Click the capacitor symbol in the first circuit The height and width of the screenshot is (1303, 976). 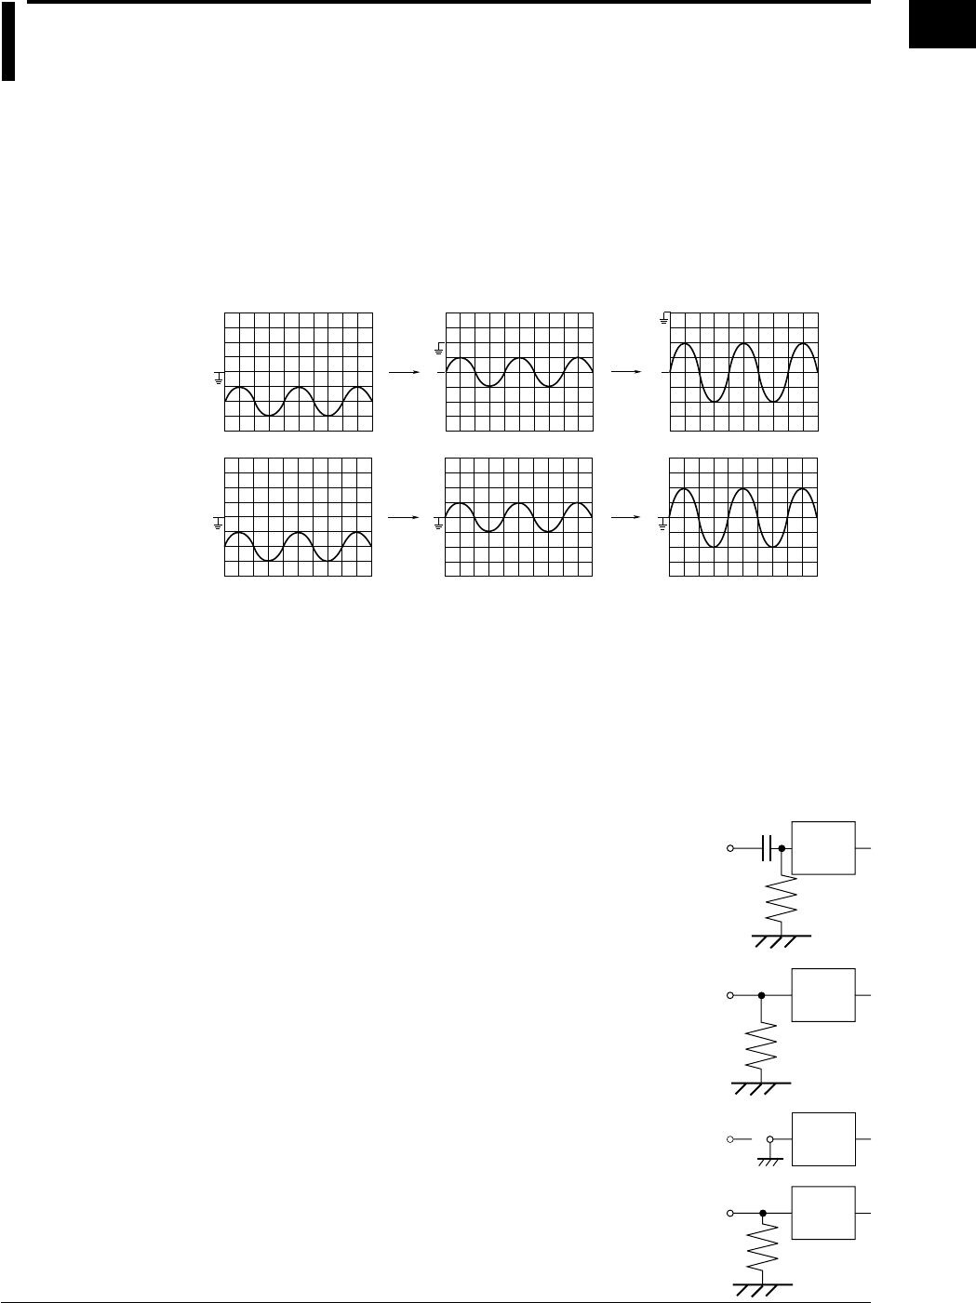767,848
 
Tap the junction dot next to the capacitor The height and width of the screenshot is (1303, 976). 782,848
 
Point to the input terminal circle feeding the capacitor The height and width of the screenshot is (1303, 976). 730,848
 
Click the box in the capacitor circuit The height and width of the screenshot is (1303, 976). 822,847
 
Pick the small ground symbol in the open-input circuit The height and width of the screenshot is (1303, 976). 769,1157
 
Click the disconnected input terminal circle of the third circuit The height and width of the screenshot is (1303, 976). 730,1139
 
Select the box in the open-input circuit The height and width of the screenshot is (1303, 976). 822,1139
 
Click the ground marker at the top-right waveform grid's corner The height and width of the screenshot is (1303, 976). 664,321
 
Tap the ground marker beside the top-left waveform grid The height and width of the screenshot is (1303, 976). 219,378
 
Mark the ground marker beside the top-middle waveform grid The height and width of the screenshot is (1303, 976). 440,349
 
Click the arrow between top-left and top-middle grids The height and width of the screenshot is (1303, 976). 400,372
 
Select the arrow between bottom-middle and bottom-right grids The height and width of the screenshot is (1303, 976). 625,517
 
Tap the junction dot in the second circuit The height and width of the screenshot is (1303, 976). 762,995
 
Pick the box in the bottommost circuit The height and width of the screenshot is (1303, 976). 822,1213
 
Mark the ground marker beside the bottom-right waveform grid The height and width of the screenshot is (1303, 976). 662,524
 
